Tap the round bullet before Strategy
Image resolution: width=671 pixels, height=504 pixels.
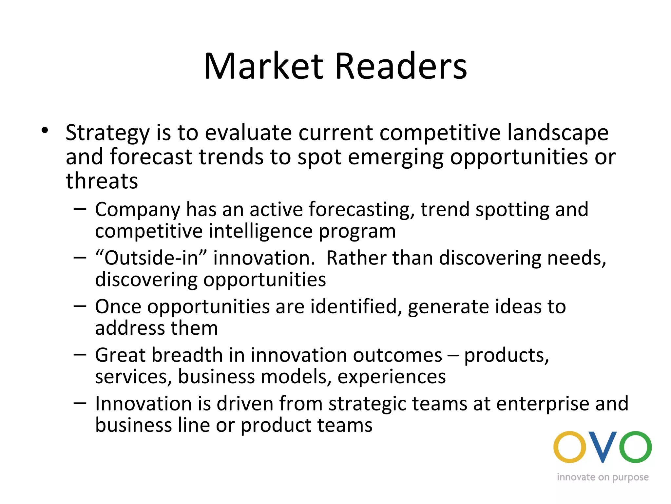(45, 130)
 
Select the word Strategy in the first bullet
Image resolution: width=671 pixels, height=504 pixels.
(107, 133)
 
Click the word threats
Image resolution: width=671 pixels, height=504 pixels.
(102, 181)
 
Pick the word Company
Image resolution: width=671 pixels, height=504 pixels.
(138, 210)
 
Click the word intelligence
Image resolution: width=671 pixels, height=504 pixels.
(260, 232)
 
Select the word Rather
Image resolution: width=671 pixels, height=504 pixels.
(356, 258)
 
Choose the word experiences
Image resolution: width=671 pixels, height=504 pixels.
(392, 377)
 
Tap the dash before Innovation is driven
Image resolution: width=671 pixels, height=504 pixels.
(80, 403)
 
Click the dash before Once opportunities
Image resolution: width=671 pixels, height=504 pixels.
(80, 306)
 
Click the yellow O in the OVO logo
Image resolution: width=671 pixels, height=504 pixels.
(569, 447)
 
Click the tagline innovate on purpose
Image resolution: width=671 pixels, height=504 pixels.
(603, 477)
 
